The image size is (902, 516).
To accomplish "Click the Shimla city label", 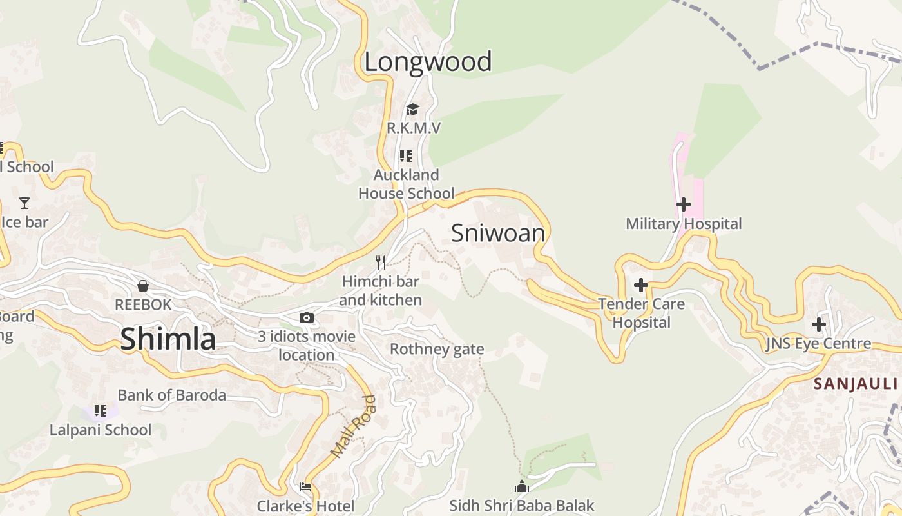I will [x=168, y=339].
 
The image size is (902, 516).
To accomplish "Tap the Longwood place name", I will [x=428, y=62].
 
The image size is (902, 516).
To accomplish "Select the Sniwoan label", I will [x=498, y=233].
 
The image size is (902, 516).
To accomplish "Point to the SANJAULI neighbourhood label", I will [x=856, y=384].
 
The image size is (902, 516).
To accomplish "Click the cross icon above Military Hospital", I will [x=683, y=204].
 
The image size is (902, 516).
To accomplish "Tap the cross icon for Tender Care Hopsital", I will [x=640, y=284].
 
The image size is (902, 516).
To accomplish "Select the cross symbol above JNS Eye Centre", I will [x=818, y=324].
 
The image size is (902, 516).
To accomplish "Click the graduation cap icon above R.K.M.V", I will [x=412, y=109].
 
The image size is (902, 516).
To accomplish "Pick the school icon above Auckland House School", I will [x=406, y=156].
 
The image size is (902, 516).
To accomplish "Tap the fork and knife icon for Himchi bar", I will [x=381, y=263].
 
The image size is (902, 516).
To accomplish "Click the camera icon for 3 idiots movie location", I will [x=307, y=317].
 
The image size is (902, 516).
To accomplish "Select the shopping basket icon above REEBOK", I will [x=143, y=285].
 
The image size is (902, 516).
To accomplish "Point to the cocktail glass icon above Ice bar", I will [x=24, y=203].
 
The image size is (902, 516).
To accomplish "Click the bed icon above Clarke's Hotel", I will [x=305, y=487].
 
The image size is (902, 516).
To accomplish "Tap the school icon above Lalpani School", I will [x=101, y=410].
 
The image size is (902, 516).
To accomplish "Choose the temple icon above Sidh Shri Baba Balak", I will [x=522, y=486].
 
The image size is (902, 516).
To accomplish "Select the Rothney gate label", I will [x=437, y=350].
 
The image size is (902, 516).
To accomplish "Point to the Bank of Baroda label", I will [x=171, y=395].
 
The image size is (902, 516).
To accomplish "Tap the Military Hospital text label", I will [x=684, y=224].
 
